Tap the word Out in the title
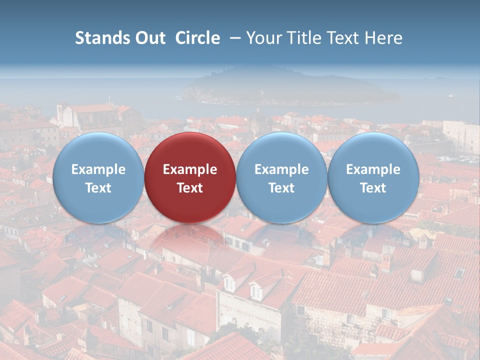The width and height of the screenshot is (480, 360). pos(148,38)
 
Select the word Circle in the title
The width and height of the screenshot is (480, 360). pos(197,38)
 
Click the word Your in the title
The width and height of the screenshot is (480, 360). pos(262,38)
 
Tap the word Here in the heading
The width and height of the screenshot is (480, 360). pos(384,38)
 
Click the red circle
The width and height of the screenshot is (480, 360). pos(190,177)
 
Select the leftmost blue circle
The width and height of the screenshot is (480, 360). pos(98,177)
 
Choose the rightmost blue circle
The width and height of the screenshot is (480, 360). pos(373,177)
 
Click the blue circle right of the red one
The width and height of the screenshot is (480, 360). pos(281,177)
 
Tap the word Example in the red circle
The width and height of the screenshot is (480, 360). pos(190,169)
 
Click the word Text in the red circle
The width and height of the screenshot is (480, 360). pos(190,188)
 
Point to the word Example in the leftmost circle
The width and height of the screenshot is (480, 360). pos(98,169)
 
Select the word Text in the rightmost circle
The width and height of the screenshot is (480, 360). pos(373,188)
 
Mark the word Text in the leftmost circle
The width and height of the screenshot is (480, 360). pos(98,188)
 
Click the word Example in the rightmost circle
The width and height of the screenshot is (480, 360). pos(373,169)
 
